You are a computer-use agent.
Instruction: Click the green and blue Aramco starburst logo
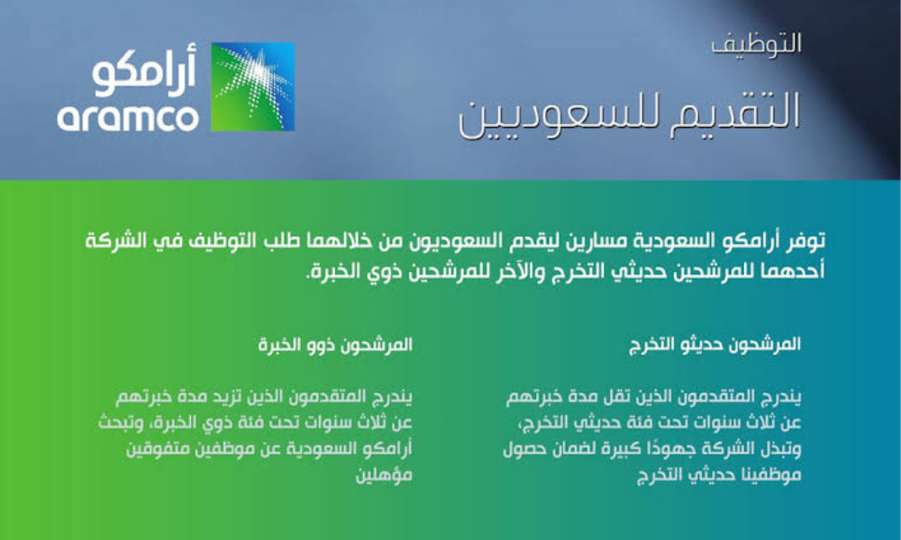252,86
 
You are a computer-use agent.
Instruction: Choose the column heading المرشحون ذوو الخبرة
336,344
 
